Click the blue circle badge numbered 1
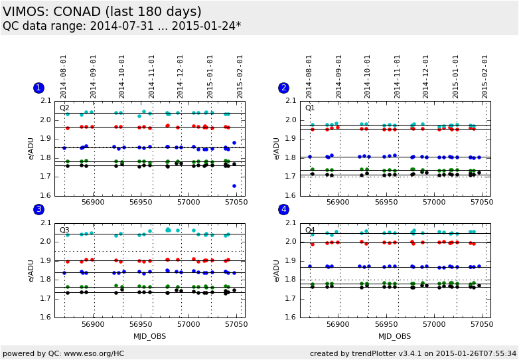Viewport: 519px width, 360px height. click(38, 88)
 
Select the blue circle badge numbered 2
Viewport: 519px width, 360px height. click(284, 88)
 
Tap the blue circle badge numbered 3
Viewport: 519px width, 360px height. click(38, 209)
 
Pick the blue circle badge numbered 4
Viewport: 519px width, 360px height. click(284, 209)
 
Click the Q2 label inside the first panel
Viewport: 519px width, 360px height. click(64, 108)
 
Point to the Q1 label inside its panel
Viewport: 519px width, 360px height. click(310, 108)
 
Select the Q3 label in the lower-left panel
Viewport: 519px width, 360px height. click(64, 230)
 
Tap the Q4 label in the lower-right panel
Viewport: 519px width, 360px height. click(310, 230)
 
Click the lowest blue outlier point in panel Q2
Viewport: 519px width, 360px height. click(234, 186)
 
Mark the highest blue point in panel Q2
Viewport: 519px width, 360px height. click(234, 143)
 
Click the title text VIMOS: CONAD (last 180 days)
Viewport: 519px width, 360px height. click(102, 12)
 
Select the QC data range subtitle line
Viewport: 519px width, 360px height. click(122, 26)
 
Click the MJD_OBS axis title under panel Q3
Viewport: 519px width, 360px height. click(149, 336)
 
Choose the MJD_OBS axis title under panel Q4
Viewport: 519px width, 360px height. click(395, 336)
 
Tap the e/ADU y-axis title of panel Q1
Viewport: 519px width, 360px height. click(277, 148)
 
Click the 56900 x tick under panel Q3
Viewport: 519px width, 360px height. click(93, 324)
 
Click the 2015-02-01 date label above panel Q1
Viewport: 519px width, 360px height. click(485, 76)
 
